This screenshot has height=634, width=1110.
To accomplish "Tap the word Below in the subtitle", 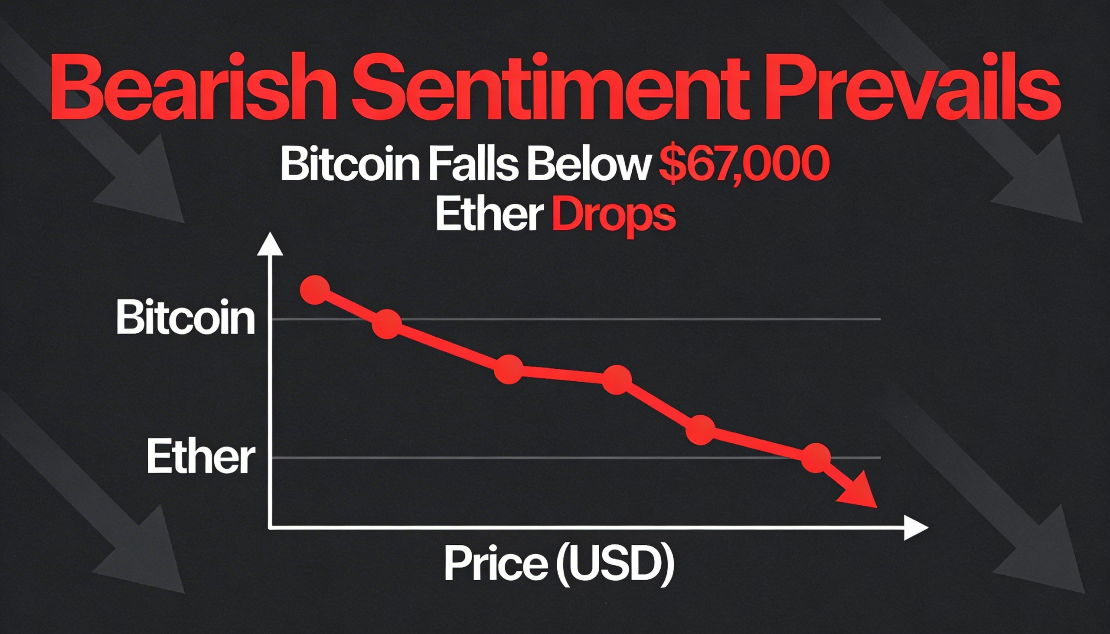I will click(x=588, y=166).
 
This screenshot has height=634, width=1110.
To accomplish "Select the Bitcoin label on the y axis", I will click(x=186, y=318).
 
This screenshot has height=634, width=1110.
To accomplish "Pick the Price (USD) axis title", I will click(x=559, y=564).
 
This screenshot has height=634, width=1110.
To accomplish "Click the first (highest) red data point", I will click(x=315, y=290).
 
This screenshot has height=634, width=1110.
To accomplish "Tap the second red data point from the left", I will click(x=387, y=324).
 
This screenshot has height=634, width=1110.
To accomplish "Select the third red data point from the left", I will click(x=509, y=369).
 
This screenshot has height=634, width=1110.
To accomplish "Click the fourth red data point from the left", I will click(x=617, y=380).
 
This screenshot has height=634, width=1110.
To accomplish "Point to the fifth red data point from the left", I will click(x=701, y=430).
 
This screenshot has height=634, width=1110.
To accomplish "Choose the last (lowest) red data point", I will click(x=816, y=458).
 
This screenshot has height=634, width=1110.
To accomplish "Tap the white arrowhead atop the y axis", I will click(x=270, y=245).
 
